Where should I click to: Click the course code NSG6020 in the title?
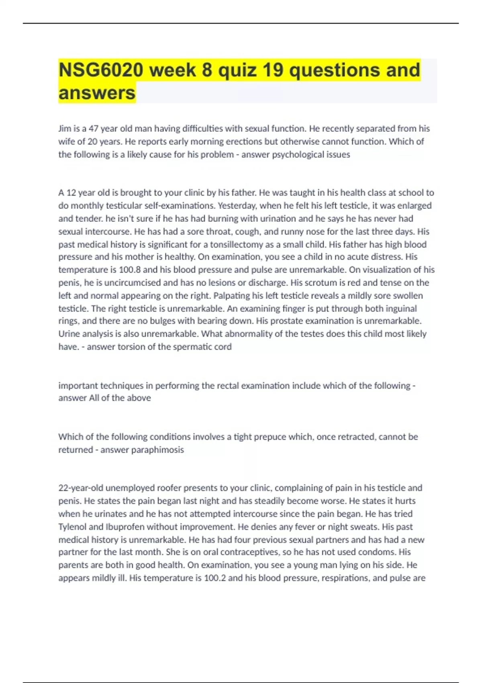point(101,70)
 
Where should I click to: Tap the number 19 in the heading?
point(273,70)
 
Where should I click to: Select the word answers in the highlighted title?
point(97,93)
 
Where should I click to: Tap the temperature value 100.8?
point(130,270)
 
